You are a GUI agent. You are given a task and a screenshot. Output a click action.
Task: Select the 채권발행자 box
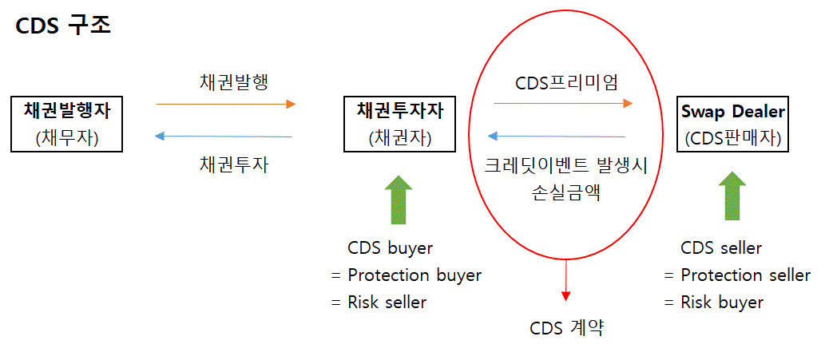click(67, 124)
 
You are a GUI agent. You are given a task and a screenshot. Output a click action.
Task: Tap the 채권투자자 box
click(400, 124)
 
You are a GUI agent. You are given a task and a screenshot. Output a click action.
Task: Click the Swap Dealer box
click(732, 124)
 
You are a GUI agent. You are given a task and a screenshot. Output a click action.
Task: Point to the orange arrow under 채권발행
click(225, 104)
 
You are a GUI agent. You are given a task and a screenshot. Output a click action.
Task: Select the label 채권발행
click(233, 81)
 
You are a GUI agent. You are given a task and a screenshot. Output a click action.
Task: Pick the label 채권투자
click(233, 165)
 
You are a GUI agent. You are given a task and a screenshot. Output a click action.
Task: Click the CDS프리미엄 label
click(566, 81)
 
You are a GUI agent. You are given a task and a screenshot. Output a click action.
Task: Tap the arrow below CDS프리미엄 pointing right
click(563, 103)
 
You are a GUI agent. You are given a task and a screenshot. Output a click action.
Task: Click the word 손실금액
click(566, 193)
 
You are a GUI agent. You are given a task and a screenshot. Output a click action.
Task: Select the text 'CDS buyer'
click(390, 247)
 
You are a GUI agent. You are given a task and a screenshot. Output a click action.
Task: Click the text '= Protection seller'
click(737, 275)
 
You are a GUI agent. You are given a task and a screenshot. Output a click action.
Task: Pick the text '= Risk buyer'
click(713, 302)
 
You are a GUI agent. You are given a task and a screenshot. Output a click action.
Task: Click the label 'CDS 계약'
click(566, 328)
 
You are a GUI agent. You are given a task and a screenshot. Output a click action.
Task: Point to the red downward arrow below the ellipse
click(566, 279)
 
